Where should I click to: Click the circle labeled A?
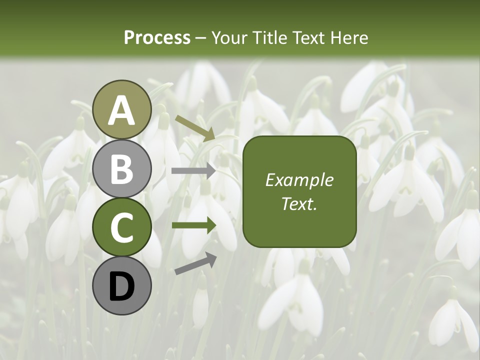tap(121, 110)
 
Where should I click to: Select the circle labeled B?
tap(121, 168)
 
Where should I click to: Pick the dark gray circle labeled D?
tap(121, 285)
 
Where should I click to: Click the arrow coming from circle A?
tap(195, 128)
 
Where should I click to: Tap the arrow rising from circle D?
tap(195, 263)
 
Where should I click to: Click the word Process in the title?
tap(157, 37)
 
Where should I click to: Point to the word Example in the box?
tap(299, 180)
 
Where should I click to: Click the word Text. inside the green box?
tap(299, 203)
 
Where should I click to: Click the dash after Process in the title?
tap(200, 38)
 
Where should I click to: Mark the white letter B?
tap(121, 168)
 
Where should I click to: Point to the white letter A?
tap(121, 110)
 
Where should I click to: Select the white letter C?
tap(121, 227)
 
